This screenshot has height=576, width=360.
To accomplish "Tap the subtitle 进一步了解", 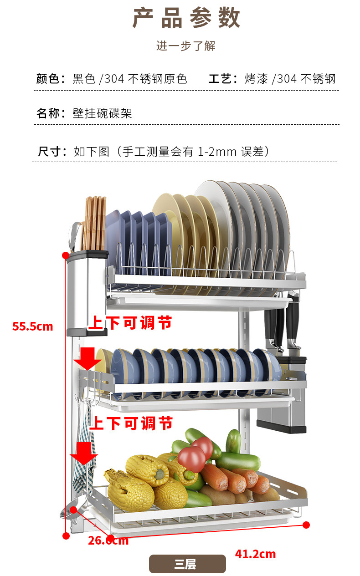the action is [186, 46].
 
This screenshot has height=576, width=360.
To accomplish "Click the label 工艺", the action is [220, 79].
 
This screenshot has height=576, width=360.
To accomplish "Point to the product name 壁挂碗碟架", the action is [103, 113].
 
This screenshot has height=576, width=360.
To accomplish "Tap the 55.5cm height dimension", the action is [33, 326].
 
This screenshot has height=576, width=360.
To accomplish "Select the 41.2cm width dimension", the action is [255, 554].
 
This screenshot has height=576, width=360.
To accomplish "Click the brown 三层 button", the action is [187, 564].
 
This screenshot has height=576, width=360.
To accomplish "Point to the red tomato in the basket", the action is [191, 458].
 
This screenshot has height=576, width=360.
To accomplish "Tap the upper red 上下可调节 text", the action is [130, 323].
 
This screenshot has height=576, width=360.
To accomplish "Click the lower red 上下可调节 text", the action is [131, 423].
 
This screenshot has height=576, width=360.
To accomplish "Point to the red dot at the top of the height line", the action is [66, 255].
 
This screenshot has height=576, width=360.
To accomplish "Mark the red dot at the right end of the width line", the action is [306, 525].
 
